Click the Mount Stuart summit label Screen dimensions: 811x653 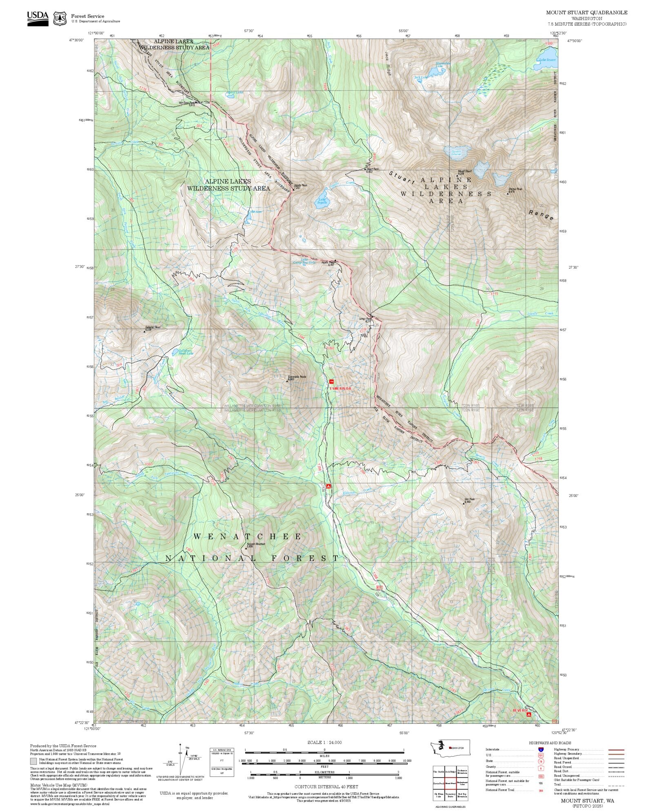464,172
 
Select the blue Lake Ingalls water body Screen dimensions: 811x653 323,199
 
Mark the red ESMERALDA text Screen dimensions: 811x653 340,388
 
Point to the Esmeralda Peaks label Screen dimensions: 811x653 297,378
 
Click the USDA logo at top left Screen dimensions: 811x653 38,18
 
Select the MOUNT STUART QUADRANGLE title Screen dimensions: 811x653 586,13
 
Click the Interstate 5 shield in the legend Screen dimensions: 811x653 540,749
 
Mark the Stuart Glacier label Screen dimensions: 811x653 456,153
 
